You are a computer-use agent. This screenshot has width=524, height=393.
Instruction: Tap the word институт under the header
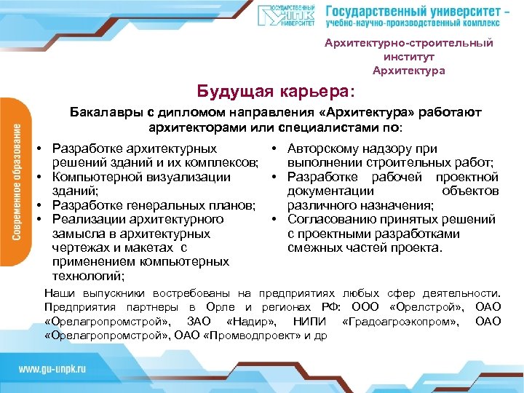tap(408, 57)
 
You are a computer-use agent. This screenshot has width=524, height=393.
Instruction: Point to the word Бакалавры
tap(102, 114)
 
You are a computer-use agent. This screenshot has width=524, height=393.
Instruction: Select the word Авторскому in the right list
tap(322, 148)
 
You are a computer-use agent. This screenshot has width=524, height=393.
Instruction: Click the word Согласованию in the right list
tap(331, 218)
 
